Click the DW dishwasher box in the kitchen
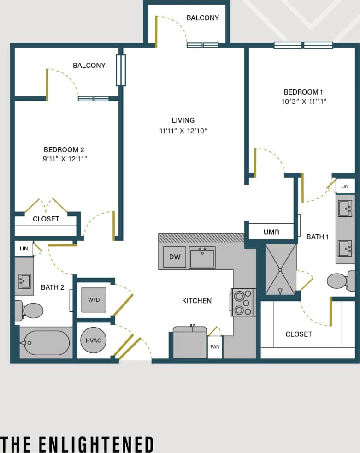[174, 257]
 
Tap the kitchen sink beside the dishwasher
[202, 257]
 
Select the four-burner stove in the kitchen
[243, 302]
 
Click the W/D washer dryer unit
[94, 300]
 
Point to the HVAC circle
[94, 340]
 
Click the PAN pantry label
[215, 346]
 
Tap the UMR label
[271, 232]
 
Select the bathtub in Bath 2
[47, 343]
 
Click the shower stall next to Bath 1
[279, 269]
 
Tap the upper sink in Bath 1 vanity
[345, 209]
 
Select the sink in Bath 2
[24, 280]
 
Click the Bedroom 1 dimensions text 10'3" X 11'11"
[305, 101]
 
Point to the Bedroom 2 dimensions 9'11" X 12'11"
[64, 159]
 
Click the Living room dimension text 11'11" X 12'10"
[183, 131]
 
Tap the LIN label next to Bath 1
[345, 186]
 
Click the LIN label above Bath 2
[24, 249]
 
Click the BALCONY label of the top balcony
[202, 18]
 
